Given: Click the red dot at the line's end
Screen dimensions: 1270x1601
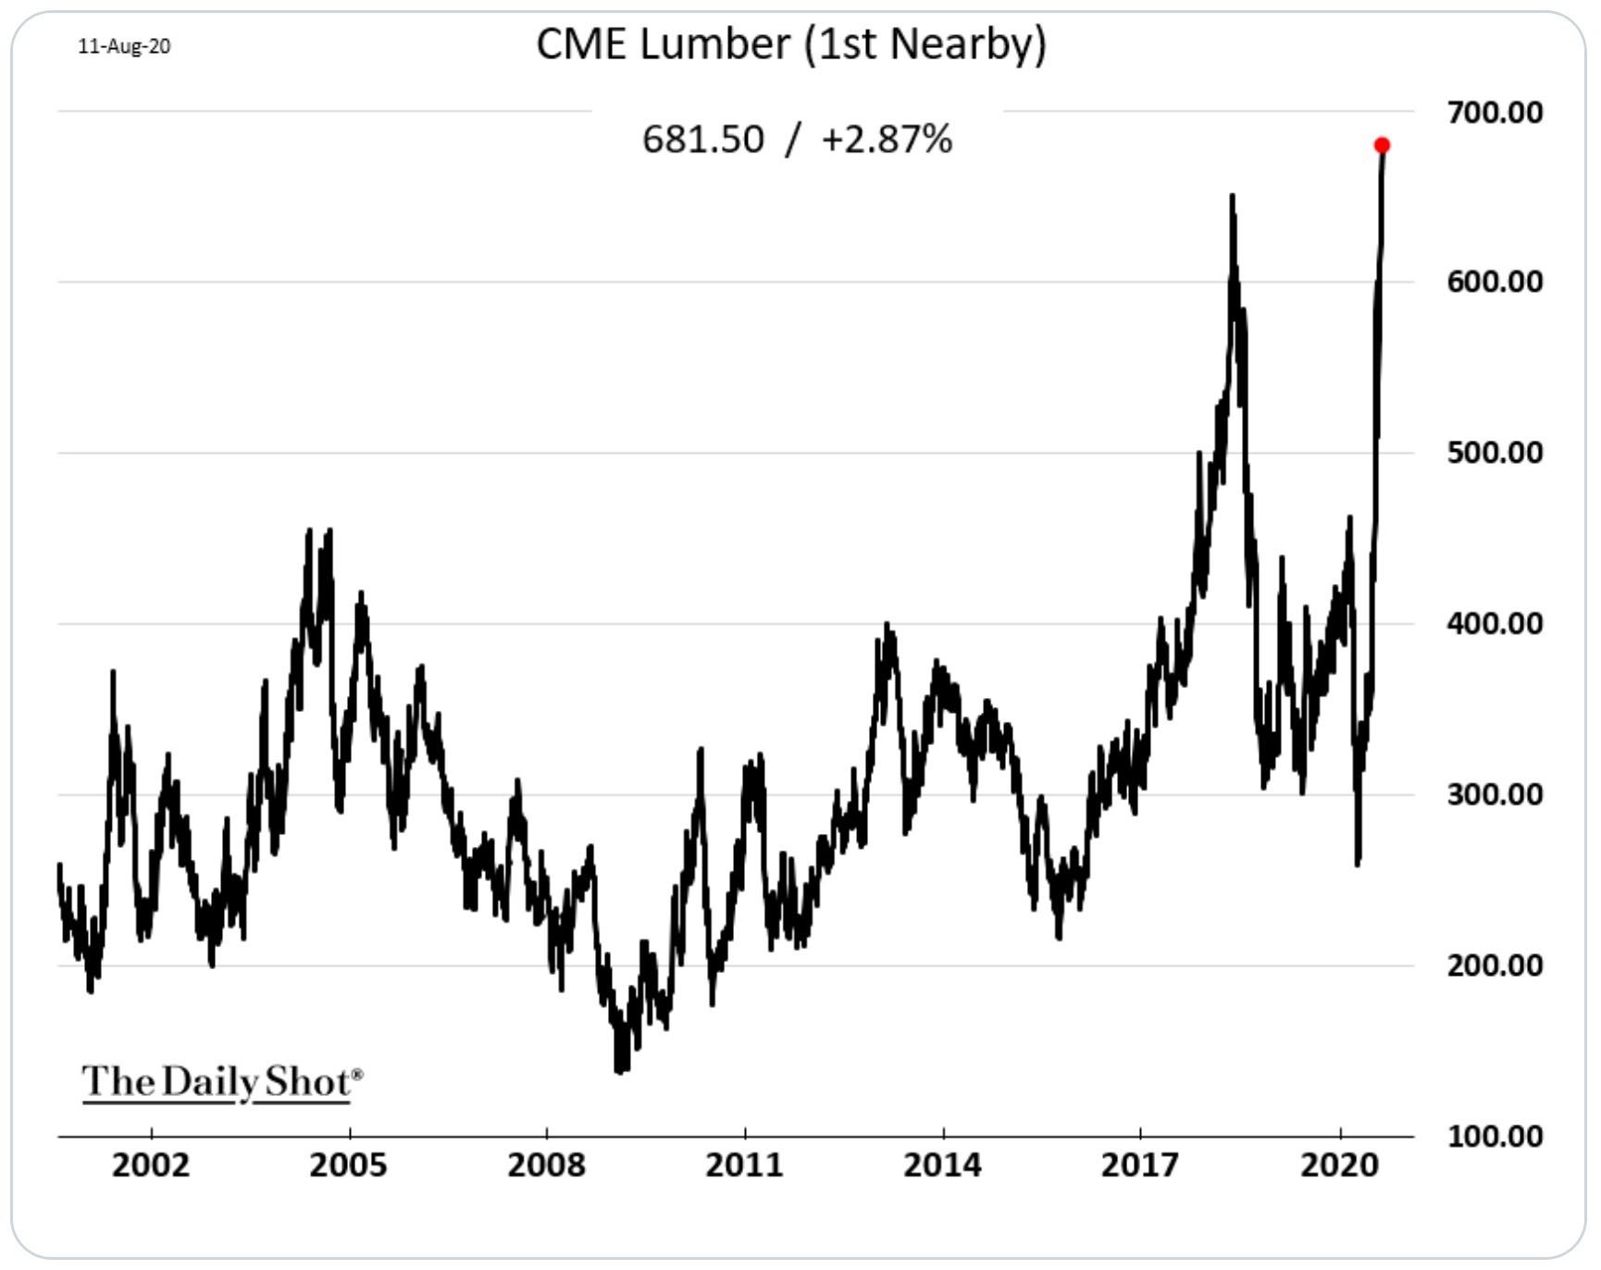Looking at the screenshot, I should (x=1382, y=145).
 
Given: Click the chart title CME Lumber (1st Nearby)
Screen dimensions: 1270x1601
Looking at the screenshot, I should (x=791, y=44).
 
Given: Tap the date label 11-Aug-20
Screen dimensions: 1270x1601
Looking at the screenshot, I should (x=124, y=46).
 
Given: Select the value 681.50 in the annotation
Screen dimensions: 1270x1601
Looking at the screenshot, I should (x=703, y=140).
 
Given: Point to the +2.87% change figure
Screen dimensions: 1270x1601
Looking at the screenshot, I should (x=887, y=140).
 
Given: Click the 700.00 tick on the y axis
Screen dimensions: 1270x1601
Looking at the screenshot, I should (x=1495, y=112).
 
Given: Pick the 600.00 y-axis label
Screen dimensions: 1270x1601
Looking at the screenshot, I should (x=1495, y=281).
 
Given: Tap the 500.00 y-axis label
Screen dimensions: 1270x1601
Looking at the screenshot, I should (x=1495, y=453).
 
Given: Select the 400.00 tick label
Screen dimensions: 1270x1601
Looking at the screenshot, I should (x=1495, y=623).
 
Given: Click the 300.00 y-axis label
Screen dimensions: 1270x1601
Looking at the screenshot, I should (x=1495, y=794).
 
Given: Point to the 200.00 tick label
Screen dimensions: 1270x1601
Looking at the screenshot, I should (x=1495, y=965).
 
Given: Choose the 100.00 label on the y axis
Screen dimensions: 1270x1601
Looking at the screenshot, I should (x=1495, y=1136).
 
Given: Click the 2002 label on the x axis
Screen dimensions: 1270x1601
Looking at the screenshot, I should (x=151, y=1164).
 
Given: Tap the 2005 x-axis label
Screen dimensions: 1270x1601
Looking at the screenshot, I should (x=348, y=1164).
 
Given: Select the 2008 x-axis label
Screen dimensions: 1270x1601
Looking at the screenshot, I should (x=546, y=1164).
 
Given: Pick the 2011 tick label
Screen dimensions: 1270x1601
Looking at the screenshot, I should (x=744, y=1164).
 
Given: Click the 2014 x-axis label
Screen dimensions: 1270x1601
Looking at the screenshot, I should (x=942, y=1164).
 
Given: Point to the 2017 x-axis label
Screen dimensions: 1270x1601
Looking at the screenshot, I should (x=1140, y=1164).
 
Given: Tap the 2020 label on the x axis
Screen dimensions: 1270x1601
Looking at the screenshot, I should (x=1339, y=1164).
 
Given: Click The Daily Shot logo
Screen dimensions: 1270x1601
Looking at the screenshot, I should (x=221, y=1081).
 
